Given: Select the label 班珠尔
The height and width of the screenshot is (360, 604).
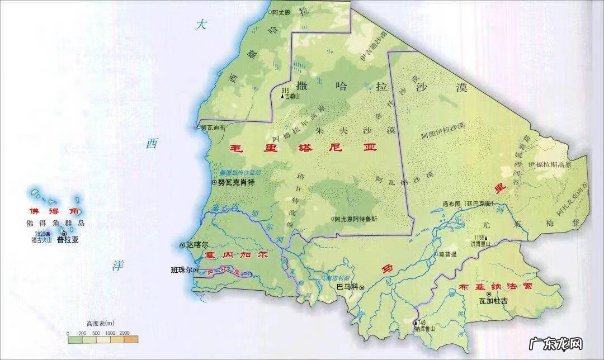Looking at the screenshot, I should tap(181, 270).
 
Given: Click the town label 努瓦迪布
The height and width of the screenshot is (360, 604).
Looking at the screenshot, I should tap(213, 127).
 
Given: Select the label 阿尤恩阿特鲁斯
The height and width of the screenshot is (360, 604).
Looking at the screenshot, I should tap(356, 219).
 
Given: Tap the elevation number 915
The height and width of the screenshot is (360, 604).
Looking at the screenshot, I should tap(285, 90).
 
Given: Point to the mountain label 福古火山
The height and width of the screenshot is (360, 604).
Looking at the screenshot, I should tap(41, 241).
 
